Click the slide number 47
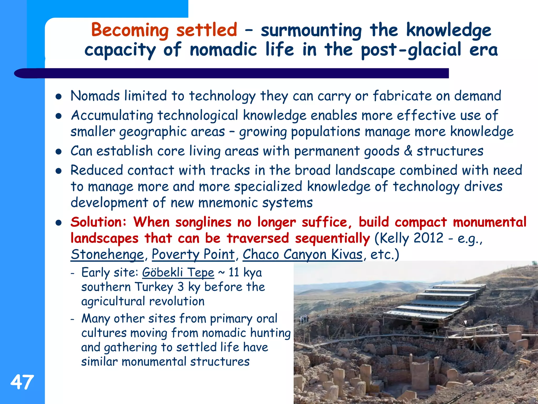tap(22, 382)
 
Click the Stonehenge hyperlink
tap(107, 254)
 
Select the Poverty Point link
tap(193, 254)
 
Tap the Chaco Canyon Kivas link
tap(302, 254)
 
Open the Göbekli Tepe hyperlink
tap(178, 272)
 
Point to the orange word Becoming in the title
tap(130, 30)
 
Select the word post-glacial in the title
tap(411, 50)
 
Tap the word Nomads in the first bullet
tap(95, 96)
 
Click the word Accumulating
tap(112, 115)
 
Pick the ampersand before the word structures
tap(408, 151)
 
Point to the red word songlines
tap(203, 222)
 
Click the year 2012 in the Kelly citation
tap(428, 238)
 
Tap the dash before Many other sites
tap(73, 319)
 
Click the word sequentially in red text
tap(332, 238)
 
